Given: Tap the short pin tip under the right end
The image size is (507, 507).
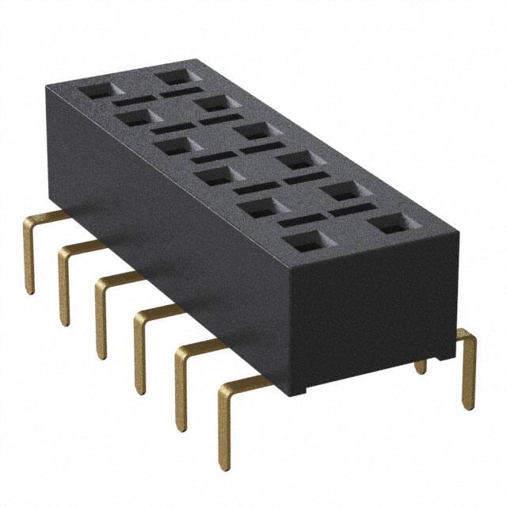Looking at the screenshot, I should (x=421, y=365).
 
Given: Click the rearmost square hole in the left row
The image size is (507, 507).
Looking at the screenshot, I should (x=94, y=90).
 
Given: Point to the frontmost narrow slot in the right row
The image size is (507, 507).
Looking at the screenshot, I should (x=353, y=210).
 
